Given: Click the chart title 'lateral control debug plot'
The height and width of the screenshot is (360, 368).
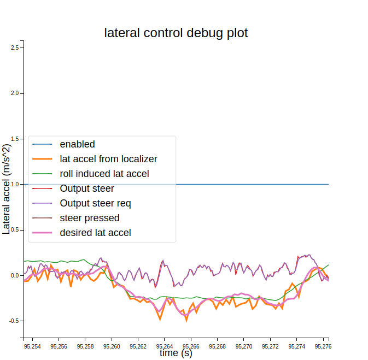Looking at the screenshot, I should coord(176,33).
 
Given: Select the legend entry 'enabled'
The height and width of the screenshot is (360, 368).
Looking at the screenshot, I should coord(77,144).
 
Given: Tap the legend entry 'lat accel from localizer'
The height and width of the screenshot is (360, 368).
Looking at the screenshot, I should coord(108,159).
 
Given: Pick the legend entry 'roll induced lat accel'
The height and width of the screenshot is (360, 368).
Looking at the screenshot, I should coord(104,174).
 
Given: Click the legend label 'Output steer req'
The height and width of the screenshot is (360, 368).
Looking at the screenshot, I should coord(95,203).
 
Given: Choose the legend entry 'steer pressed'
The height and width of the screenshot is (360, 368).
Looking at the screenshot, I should coord(89,218).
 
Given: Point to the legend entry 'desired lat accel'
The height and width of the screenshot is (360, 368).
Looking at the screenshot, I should coord(95,233).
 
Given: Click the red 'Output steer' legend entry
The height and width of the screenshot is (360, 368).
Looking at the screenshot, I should coord(87,188).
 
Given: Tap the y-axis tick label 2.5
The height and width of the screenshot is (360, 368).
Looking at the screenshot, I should coord(15,48).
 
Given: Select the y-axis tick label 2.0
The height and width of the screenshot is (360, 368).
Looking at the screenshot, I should coord(15,93).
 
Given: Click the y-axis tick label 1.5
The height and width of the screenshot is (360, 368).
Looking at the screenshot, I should coord(15,139).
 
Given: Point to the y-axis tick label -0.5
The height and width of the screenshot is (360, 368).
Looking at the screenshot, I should coord(14,321).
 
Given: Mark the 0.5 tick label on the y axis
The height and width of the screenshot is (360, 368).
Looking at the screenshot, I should coord(15,230).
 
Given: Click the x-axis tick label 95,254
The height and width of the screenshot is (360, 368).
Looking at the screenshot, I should coord(32,346).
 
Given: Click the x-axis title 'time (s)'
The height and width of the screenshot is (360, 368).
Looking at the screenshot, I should coord(176,353).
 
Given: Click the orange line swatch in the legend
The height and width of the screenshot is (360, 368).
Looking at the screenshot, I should coord(42,159).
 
